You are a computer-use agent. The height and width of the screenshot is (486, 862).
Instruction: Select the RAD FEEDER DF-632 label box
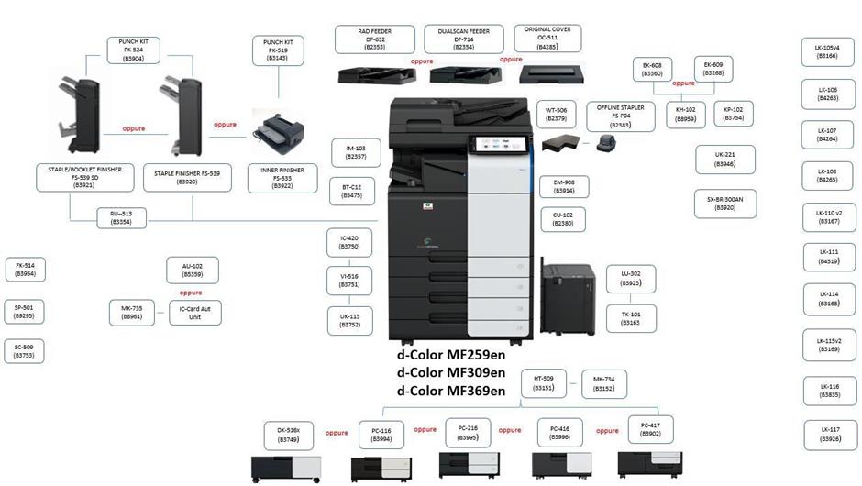coord(373,39)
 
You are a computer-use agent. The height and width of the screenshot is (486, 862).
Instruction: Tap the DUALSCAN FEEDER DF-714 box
coord(464,39)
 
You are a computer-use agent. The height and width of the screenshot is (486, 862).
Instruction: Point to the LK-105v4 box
coord(828,51)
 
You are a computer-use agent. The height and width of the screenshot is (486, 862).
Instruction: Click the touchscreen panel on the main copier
coord(495,145)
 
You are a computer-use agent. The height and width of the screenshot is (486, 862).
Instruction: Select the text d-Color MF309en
coord(451,372)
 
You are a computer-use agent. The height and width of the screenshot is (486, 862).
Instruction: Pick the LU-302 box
coord(631,279)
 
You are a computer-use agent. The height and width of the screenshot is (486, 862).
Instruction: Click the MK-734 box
coord(603,383)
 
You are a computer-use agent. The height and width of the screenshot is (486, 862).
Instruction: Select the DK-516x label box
coord(289,435)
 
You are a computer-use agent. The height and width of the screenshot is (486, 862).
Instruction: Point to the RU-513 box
coord(121,216)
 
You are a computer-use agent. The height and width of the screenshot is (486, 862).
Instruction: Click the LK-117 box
coord(829,434)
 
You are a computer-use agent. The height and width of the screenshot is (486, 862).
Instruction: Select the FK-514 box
coord(26,269)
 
